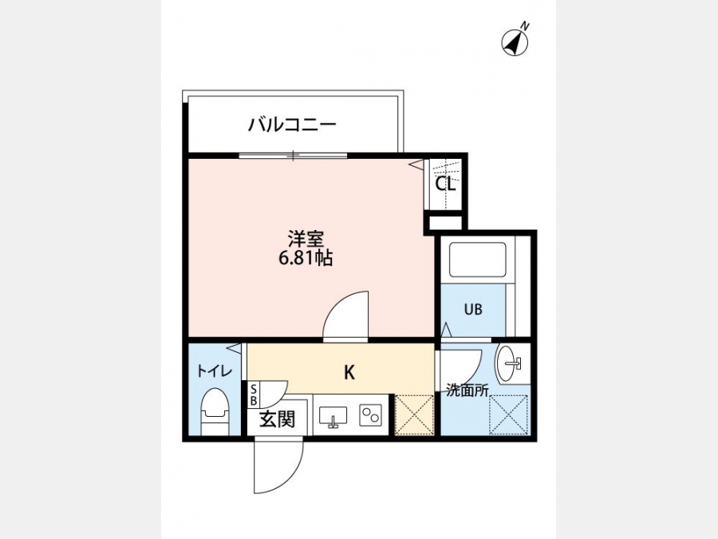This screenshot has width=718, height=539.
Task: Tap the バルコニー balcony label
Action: click(293, 125)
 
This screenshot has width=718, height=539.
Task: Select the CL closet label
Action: click(445, 184)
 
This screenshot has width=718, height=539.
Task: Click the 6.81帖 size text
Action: click(306, 259)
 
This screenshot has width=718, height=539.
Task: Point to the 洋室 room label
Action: click(306, 239)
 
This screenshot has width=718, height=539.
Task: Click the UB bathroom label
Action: click(473, 309)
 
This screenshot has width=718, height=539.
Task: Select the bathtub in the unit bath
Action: click(478, 260)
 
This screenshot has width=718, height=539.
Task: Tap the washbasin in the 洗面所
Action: click(509, 364)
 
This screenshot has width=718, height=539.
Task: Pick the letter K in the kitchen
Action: click(349, 373)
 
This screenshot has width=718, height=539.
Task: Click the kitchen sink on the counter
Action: click(333, 418)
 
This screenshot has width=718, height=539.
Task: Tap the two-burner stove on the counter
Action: click(370, 416)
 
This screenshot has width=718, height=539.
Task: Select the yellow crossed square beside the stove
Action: click(414, 414)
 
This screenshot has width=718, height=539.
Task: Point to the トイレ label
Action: click(215, 371)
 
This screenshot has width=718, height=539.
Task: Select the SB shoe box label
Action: click(254, 394)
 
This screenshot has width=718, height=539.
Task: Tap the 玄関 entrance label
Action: click(278, 419)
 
